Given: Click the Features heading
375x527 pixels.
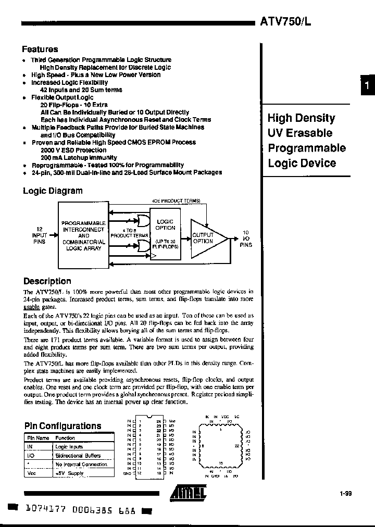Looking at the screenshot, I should pos(40,49).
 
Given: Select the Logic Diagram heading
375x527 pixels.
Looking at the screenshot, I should pos(53,191).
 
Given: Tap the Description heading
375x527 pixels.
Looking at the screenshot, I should pos(47,281).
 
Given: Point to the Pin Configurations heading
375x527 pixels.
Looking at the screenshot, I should pos(63,426).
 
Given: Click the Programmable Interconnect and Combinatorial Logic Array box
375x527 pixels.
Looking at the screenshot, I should pos(84,235).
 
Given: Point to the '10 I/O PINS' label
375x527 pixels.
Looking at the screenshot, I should pos(246,239).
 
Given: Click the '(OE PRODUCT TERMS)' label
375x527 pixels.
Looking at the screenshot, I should pos(177,200).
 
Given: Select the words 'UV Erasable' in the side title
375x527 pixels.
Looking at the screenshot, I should pos(299,133).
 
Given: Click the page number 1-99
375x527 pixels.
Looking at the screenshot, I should pos(346,492).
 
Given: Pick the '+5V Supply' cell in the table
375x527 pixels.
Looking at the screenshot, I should pos(69,473).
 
